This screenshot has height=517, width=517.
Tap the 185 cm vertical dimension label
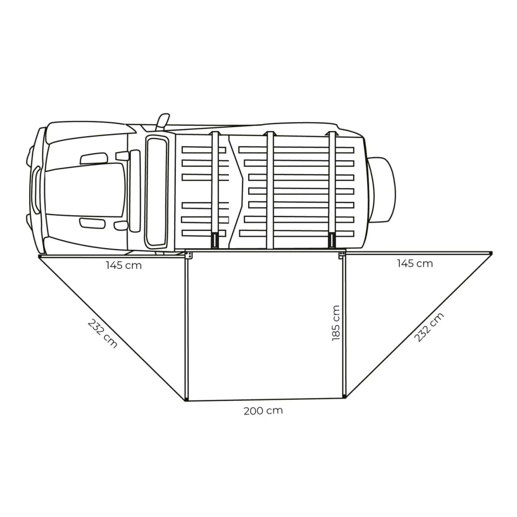point(336,323)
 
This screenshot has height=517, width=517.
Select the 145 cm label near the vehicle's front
point(124,265)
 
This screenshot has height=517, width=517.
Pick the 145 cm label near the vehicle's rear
point(415,264)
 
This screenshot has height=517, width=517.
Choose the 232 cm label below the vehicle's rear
point(429,327)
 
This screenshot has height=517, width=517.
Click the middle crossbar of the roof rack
point(270,190)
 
